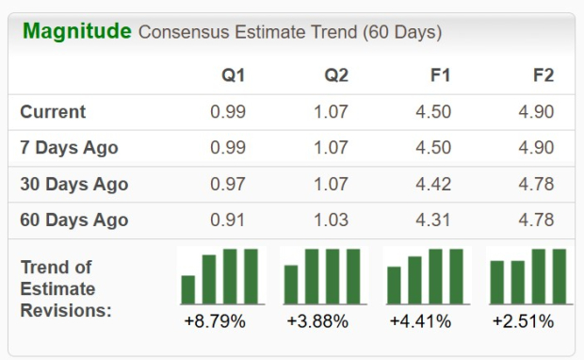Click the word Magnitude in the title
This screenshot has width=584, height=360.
pyautogui.click(x=76, y=31)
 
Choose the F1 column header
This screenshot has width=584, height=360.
pyautogui.click(x=438, y=75)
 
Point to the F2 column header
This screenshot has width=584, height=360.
pyautogui.click(x=542, y=75)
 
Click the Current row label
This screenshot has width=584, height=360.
pyautogui.click(x=53, y=112)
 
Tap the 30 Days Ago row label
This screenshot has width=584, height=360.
pyautogui.click(x=73, y=185)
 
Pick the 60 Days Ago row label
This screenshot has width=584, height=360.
pyautogui.click(x=73, y=221)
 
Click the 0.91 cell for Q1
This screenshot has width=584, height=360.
pyautogui.click(x=228, y=221)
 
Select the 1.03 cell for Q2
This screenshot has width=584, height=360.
pyautogui.click(x=331, y=221)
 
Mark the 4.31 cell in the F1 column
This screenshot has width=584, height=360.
pyautogui.click(x=433, y=221)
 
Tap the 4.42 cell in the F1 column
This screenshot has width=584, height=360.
pyautogui.click(x=433, y=185)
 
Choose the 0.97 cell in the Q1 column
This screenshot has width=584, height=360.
pyautogui.click(x=228, y=185)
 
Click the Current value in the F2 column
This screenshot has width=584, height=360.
pyautogui.click(x=536, y=112)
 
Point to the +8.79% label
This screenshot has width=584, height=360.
pyautogui.click(x=215, y=322)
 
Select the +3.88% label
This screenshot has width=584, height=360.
pyautogui.click(x=317, y=322)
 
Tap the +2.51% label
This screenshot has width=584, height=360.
pyautogui.click(x=523, y=322)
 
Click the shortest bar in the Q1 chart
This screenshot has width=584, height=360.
pyautogui.click(x=188, y=289)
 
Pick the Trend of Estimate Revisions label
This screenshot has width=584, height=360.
pyautogui.click(x=66, y=288)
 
